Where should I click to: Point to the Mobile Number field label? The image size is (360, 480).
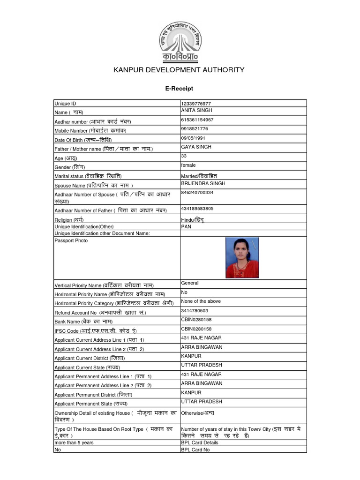pyautogui.click(x=90, y=131)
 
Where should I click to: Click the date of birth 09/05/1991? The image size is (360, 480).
pyautogui.click(x=193, y=138)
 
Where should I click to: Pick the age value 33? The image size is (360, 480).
pyautogui.click(x=184, y=156)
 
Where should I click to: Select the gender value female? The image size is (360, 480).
pyautogui.click(x=188, y=165)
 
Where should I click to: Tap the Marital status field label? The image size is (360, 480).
pyautogui.click(x=88, y=176)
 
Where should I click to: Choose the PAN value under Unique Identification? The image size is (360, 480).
pyautogui.click(x=186, y=226)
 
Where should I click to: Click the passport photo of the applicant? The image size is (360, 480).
pyautogui.click(x=242, y=258)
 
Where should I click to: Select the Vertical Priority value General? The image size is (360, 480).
pyautogui.click(x=190, y=283)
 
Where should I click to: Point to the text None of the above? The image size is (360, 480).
pyautogui.click(x=201, y=301)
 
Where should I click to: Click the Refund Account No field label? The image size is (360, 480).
pyautogui.click(x=100, y=313)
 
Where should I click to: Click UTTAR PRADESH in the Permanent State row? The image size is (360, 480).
pyautogui.click(x=201, y=402)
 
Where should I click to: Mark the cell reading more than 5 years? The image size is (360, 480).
pyautogui.click(x=74, y=442)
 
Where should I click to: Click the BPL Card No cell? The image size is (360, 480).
pyautogui.click(x=195, y=450)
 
